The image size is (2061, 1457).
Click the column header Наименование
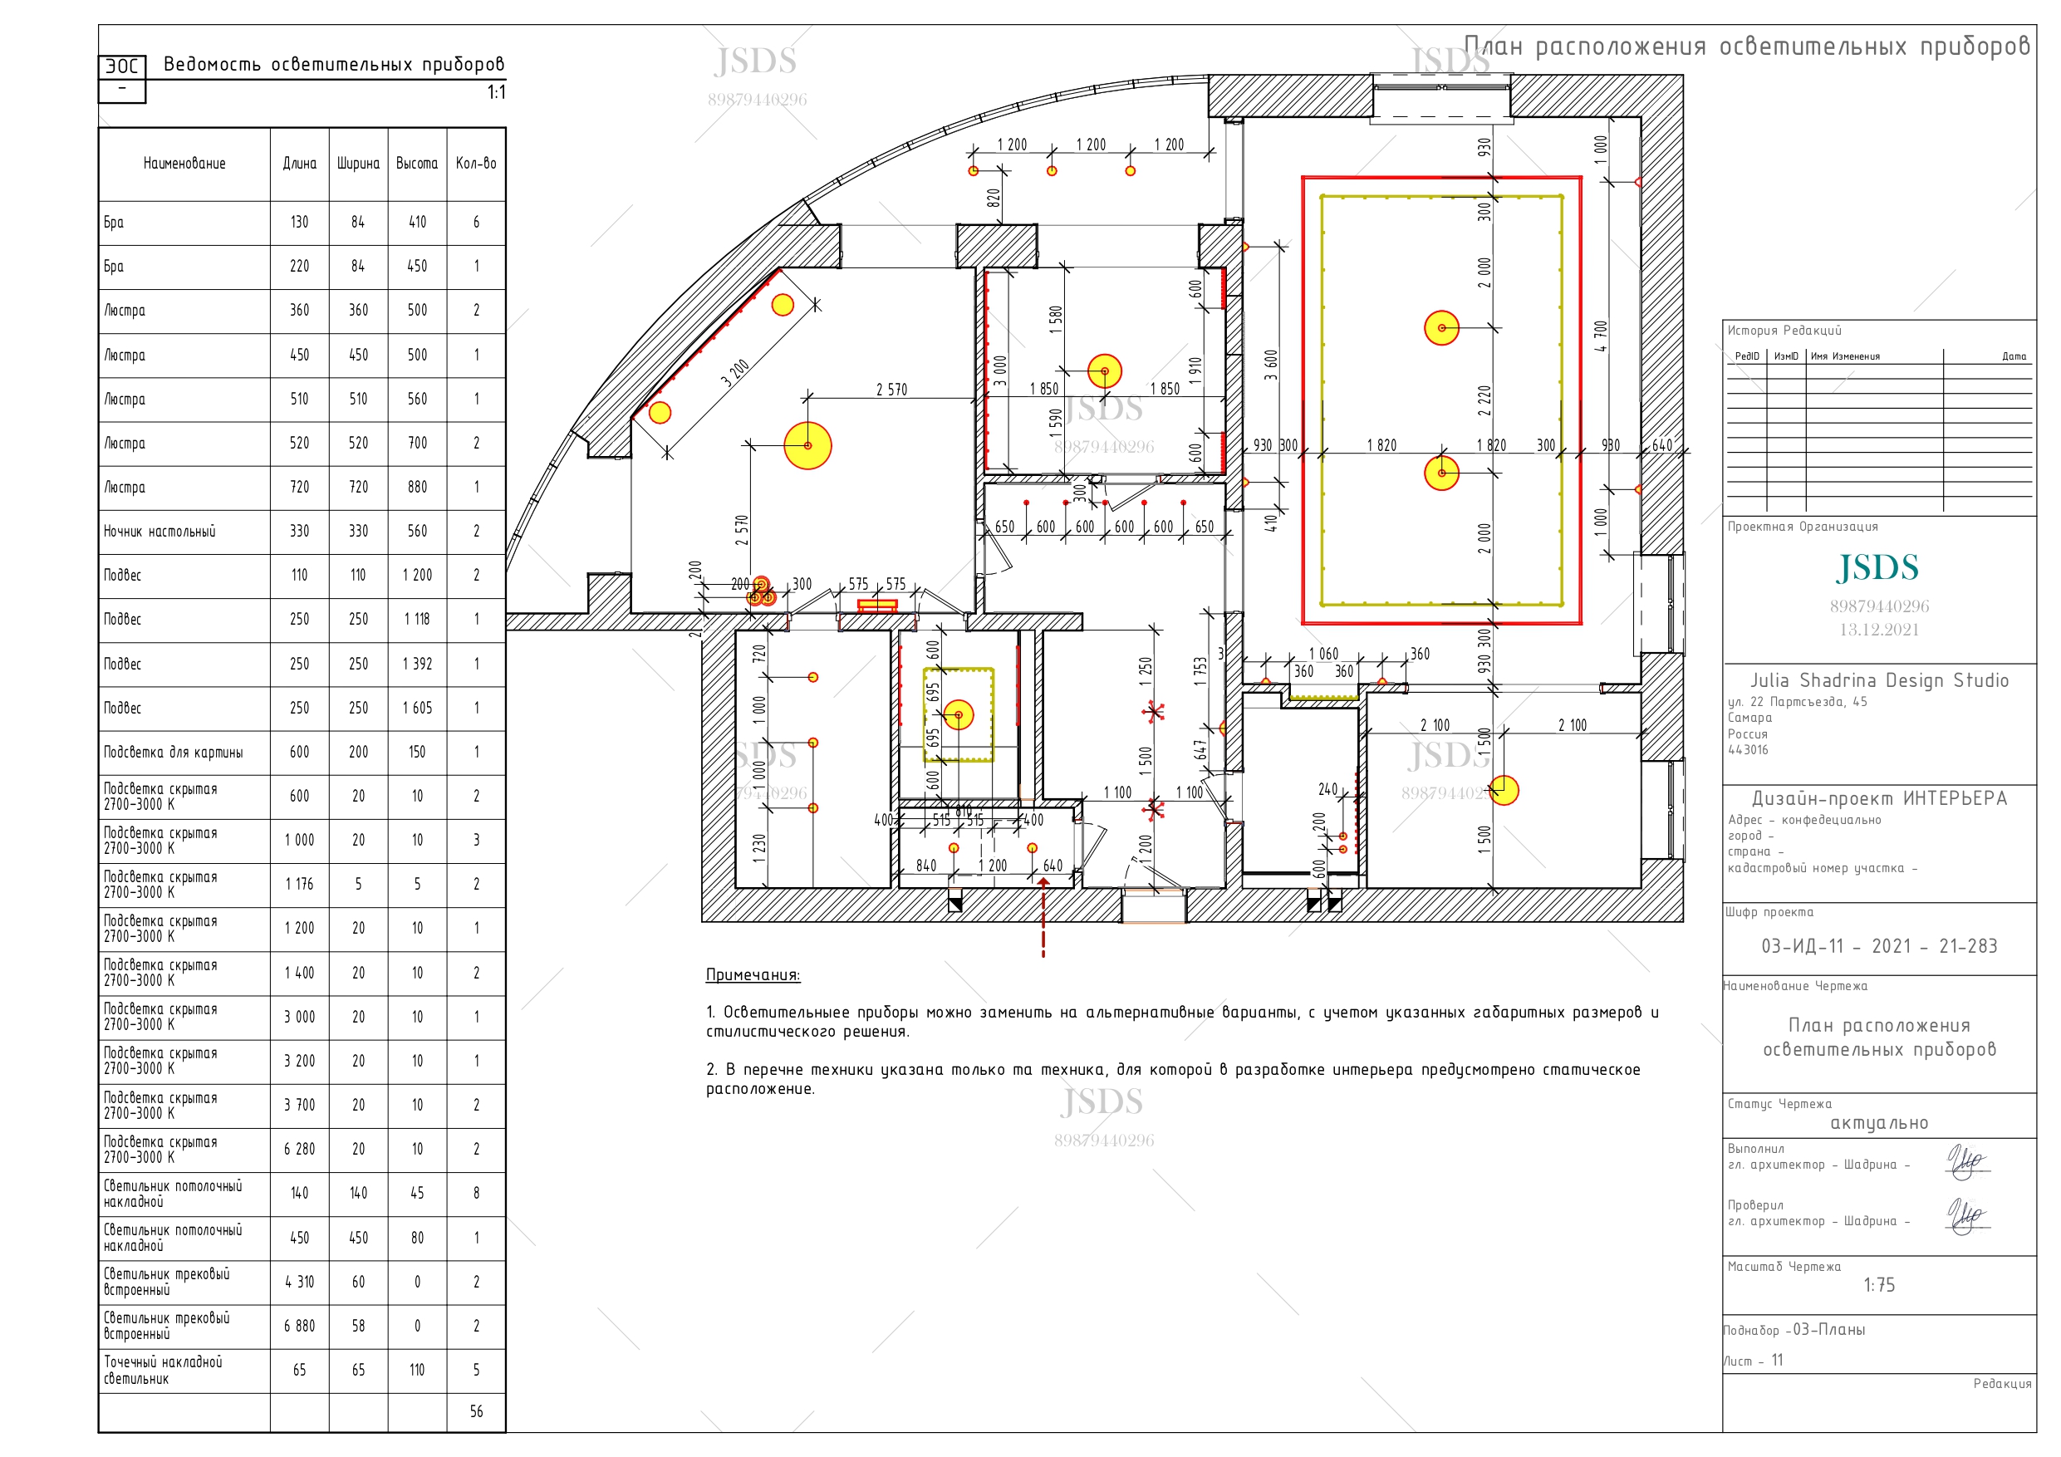coord(184,164)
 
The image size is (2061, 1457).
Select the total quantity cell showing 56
coord(476,1411)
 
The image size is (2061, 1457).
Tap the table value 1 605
coord(417,709)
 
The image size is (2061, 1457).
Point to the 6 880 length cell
coord(299,1326)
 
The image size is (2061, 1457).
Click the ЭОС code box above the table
coord(122,66)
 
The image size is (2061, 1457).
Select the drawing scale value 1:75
coord(1879,1285)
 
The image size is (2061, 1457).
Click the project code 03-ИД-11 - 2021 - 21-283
coord(1879,946)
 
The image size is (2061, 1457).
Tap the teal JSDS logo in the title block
coord(1878,567)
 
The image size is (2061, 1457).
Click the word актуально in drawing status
coord(1879,1123)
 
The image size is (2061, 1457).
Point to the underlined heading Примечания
coord(753,975)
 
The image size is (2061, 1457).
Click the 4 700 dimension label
coord(1601,336)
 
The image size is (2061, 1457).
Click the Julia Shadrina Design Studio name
coord(1879,680)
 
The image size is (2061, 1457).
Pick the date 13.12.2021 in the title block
coord(1879,630)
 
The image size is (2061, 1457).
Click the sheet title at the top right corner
coord(1747,46)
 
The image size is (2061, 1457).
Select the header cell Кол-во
coord(476,164)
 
